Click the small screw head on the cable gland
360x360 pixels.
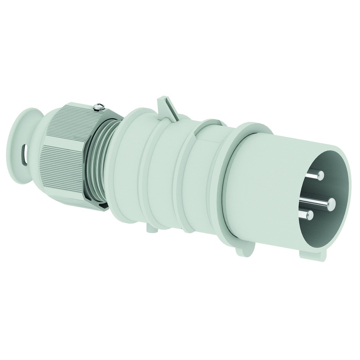pyautogui.click(x=98, y=105)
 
